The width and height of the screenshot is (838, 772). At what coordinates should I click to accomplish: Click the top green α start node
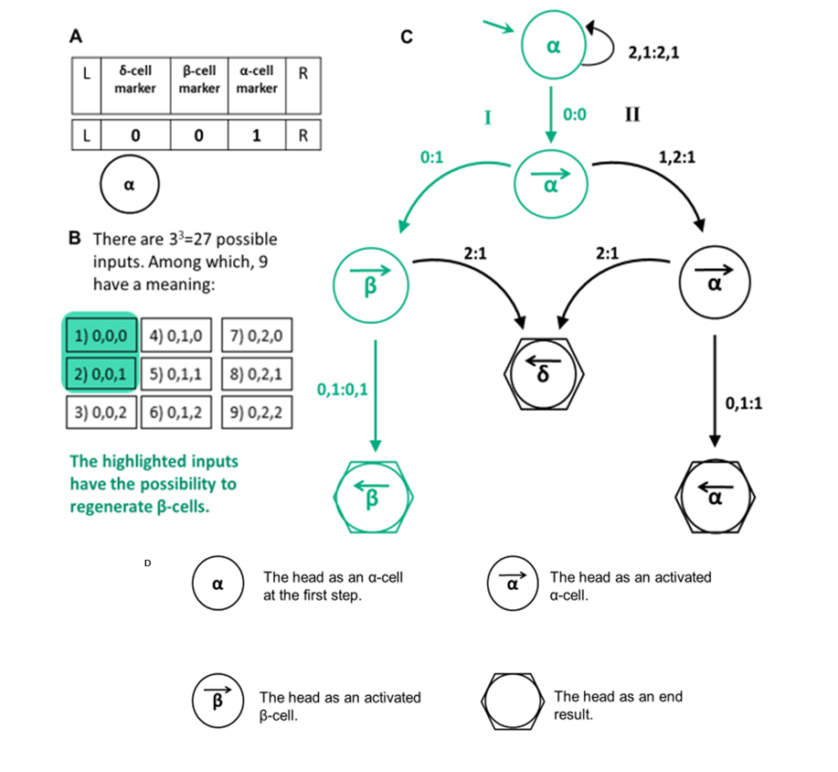click(x=552, y=46)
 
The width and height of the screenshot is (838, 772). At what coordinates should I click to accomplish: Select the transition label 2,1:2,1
click(x=652, y=53)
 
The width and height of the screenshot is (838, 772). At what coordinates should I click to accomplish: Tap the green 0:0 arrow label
click(x=575, y=114)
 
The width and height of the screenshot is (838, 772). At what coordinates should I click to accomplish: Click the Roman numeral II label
click(x=631, y=114)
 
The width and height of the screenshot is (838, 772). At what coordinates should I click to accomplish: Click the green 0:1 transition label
click(x=431, y=157)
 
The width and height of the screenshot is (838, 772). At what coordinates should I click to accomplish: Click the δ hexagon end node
click(x=544, y=369)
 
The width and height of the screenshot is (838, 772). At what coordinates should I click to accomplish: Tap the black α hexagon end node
click(x=716, y=494)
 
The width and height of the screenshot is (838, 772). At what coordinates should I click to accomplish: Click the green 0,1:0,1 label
click(x=343, y=390)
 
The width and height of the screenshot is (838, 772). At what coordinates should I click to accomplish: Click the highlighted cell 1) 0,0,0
click(x=101, y=336)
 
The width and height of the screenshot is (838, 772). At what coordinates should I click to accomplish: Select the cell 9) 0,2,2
click(x=257, y=413)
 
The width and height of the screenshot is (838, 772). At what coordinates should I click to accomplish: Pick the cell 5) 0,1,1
click(x=179, y=374)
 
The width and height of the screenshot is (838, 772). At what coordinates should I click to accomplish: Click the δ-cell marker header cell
click(x=135, y=78)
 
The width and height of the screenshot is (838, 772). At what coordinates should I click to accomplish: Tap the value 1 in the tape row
click(x=257, y=135)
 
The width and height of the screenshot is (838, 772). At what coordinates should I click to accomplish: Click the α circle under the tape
click(x=129, y=186)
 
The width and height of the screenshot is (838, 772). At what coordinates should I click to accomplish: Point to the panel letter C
click(x=407, y=37)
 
